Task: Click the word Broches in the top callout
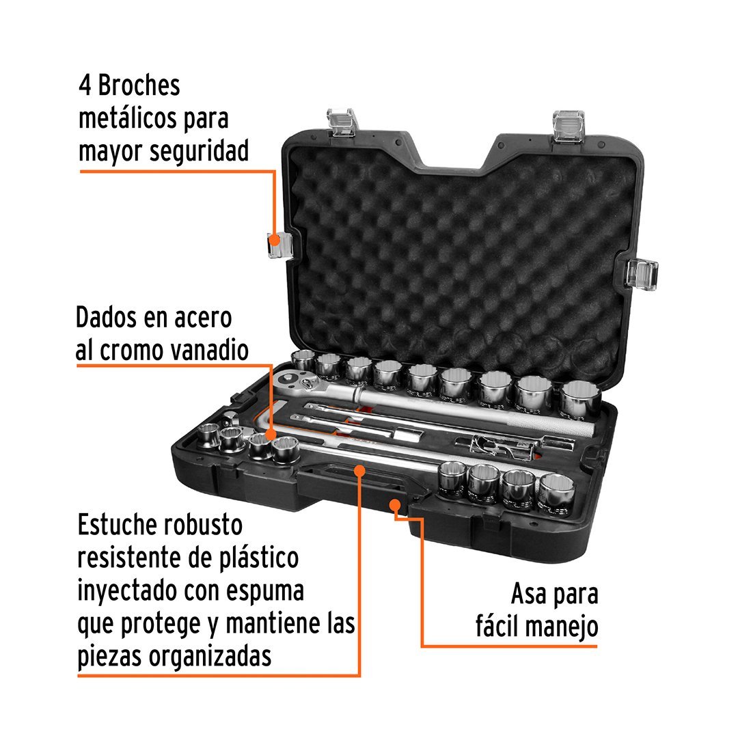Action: click(x=139, y=85)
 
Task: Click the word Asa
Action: click(x=528, y=594)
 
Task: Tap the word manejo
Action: click(x=562, y=627)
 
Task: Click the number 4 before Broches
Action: click(x=85, y=85)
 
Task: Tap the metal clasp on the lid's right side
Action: click(x=642, y=275)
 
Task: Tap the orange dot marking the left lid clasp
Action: click(x=274, y=241)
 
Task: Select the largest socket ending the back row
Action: click(x=580, y=399)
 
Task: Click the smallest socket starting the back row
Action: click(x=303, y=361)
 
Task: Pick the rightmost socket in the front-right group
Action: click(x=556, y=495)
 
